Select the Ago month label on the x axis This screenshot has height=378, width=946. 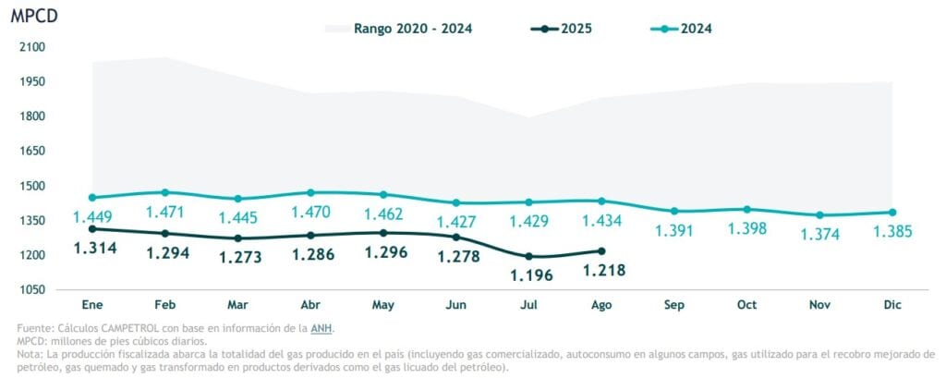point(601,305)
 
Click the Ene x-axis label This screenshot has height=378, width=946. point(91,305)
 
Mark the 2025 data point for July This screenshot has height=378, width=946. point(529,256)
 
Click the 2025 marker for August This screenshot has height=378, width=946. point(601,250)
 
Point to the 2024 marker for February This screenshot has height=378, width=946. point(165,192)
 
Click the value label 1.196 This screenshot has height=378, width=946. point(529,274)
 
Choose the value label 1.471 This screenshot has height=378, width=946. point(165,212)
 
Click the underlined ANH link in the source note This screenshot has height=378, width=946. point(322,328)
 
